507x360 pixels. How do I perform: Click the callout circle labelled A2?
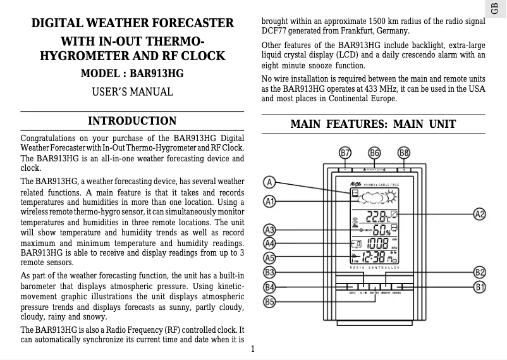point(480,214)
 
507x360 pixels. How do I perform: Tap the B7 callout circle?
point(345,153)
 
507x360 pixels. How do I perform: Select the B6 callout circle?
point(374,153)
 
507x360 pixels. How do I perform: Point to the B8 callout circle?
point(404,153)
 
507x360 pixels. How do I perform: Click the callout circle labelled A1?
point(270,201)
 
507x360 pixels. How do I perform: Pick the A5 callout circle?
point(270,258)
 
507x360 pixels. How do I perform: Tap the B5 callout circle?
point(270,302)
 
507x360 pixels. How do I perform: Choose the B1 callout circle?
point(480,287)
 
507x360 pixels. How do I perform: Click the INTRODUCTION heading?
point(132,121)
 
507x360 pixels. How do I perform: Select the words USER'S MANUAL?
point(132,92)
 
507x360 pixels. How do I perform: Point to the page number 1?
point(252,349)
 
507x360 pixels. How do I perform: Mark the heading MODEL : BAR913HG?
point(132,73)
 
